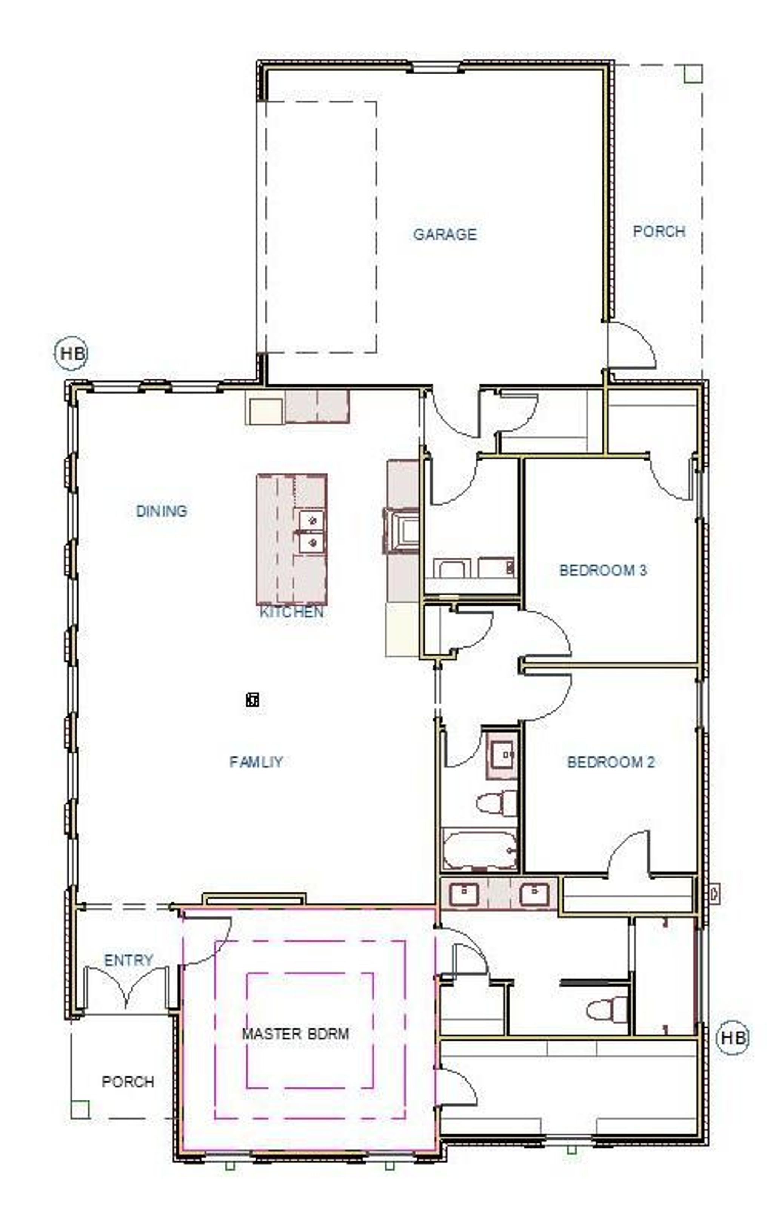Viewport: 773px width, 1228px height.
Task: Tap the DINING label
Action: pos(162,510)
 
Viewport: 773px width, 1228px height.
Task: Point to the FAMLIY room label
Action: pos(256,761)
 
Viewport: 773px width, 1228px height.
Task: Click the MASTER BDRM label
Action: pos(296,1034)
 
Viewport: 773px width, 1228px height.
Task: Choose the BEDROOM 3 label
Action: pos(603,570)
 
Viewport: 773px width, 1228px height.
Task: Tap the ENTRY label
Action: pos(128,960)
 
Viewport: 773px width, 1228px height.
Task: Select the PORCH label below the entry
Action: pos(128,1082)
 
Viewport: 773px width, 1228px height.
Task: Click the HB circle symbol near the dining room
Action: pos(71,353)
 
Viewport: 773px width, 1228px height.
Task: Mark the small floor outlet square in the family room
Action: pos(252,700)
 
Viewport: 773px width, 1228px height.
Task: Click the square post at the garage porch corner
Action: pos(693,73)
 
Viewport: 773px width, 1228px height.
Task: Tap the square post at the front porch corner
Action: pos(80,1109)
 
